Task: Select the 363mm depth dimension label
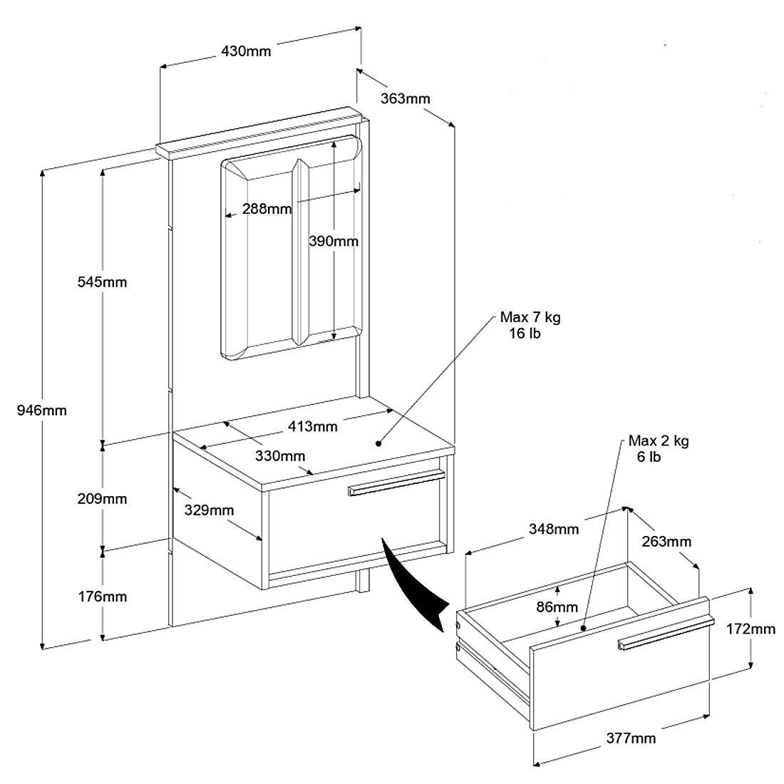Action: tap(404, 98)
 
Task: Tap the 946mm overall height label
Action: tap(41, 411)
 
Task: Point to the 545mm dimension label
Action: tap(102, 282)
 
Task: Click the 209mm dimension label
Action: tap(102, 499)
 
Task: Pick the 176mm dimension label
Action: tap(102, 597)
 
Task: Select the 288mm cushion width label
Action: tap(267, 209)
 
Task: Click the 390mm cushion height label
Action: tap(334, 241)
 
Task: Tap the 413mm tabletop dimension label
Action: tap(313, 427)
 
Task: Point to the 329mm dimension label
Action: tap(210, 510)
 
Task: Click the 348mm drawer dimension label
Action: tap(554, 529)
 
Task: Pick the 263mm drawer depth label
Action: tap(666, 542)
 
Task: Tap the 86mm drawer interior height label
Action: tap(557, 607)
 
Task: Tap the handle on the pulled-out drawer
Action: tap(665, 634)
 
